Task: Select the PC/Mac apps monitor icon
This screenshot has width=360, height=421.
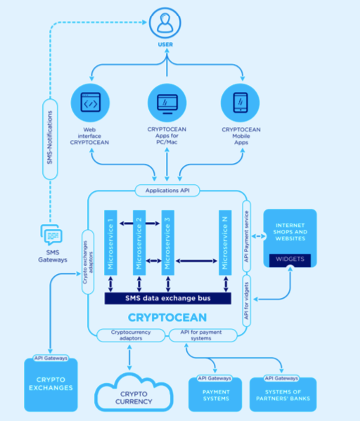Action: (167, 103)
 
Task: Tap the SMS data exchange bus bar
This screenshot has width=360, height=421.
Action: (167, 299)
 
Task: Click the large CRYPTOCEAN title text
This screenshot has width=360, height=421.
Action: (167, 318)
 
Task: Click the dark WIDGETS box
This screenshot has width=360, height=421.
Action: (290, 259)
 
